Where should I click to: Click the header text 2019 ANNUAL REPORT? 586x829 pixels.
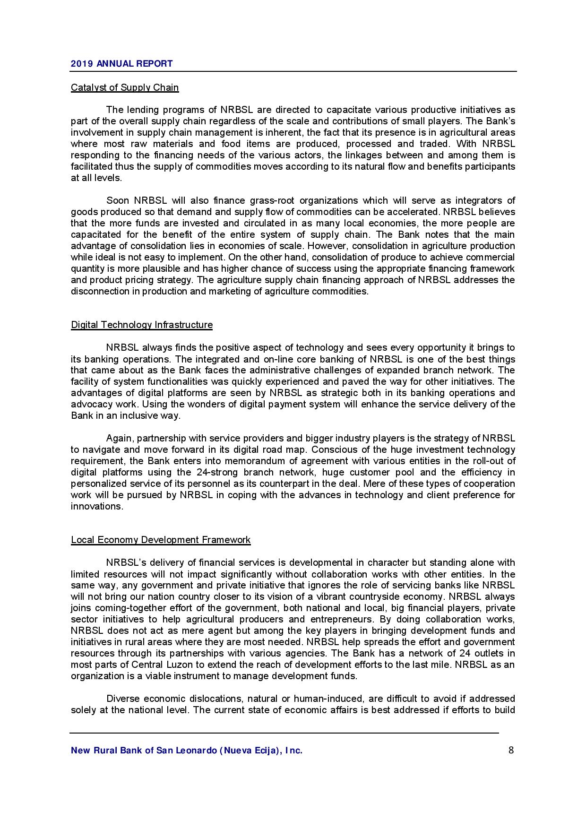pyautogui.click(x=121, y=63)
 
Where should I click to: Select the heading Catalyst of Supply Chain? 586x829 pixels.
pyautogui.click(x=125, y=87)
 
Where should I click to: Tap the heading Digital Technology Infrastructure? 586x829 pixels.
pyautogui.click(x=142, y=325)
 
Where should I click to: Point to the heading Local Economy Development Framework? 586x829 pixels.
pyautogui.click(x=161, y=540)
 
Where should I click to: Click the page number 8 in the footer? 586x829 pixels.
pyautogui.click(x=511, y=750)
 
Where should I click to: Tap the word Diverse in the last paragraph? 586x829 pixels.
pyautogui.click(x=122, y=699)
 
